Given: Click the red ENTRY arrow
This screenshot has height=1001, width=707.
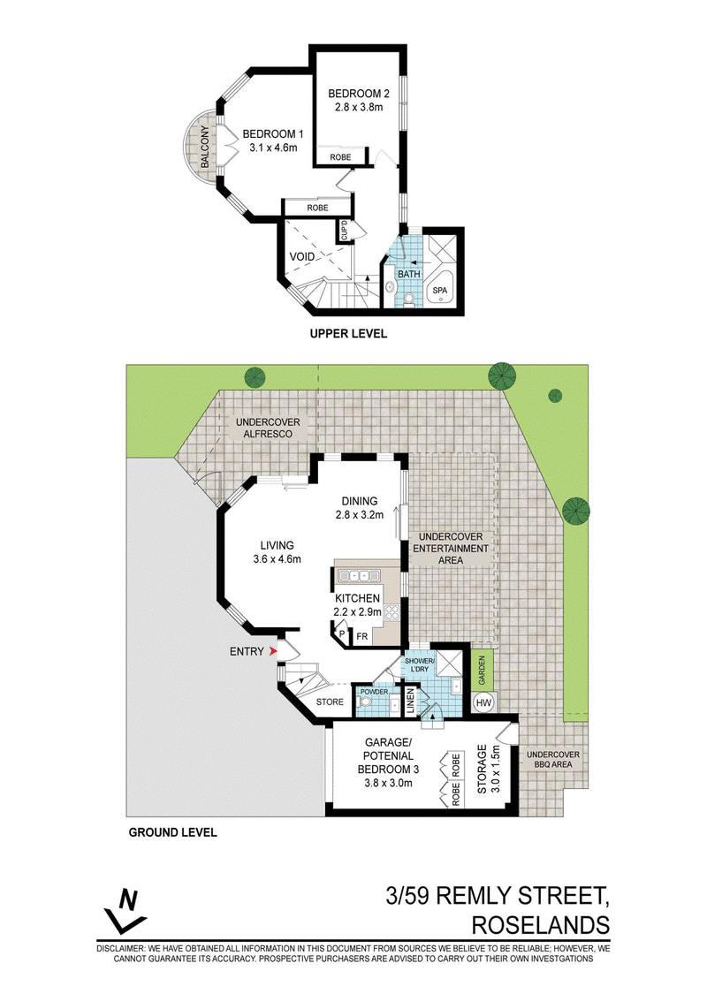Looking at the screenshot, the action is (273, 651).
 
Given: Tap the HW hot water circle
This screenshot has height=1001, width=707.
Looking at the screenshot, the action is (483, 703).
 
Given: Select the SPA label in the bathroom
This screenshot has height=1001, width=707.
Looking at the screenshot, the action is (439, 291).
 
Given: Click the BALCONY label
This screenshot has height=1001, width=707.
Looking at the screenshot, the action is (205, 147).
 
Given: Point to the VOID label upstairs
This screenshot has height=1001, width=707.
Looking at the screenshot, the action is (302, 256).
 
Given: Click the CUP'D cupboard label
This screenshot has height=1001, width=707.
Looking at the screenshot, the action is (345, 231).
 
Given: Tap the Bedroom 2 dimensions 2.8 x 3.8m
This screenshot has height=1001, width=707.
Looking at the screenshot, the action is (358, 107).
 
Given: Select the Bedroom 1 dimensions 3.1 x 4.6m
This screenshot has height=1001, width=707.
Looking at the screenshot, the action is (273, 148).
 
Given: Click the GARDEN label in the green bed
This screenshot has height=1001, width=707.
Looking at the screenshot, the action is (483, 671).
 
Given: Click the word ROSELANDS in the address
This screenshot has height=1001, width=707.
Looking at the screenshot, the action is (540, 924).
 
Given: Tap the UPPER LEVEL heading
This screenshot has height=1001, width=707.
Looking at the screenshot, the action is (348, 333).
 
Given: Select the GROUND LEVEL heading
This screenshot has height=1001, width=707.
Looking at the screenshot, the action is (173, 832).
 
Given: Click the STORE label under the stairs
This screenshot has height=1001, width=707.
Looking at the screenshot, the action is (330, 701).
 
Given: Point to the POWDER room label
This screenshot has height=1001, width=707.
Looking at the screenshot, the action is (374, 692).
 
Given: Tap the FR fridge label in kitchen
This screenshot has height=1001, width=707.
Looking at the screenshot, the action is (362, 636).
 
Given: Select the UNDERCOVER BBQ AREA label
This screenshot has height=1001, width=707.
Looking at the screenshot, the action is (553, 759).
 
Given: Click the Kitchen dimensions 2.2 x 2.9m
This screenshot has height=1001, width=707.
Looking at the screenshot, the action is (358, 611).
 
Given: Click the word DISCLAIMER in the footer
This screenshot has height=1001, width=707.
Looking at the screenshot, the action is (121, 949).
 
